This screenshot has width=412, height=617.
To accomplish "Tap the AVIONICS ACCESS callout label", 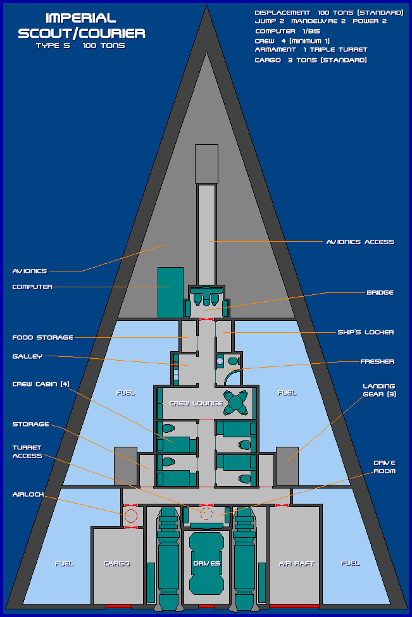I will click(360, 242).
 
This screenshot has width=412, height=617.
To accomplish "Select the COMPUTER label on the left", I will click(32, 287).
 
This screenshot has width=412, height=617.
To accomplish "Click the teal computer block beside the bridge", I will click(170, 292).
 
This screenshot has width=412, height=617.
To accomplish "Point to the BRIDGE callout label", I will click(380, 292).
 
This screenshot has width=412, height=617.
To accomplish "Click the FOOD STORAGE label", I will click(42, 337).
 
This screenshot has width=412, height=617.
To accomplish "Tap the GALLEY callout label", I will click(27, 356).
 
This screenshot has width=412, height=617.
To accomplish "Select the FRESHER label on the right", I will click(377, 361).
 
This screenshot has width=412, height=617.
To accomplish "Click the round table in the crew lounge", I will click(236, 402).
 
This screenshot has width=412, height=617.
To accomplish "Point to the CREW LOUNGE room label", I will click(196, 403).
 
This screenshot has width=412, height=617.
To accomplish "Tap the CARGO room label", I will click(116, 563).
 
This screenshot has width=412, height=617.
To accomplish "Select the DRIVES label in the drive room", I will click(207, 563).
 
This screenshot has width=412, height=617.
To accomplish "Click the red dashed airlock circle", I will click(131, 516).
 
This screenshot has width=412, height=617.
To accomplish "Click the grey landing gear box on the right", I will click(287, 466).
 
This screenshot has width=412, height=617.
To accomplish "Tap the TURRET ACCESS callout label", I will click(27, 451).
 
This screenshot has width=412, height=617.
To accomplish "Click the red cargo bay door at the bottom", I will click(118, 606).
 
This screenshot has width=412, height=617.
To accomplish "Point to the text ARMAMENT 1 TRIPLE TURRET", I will click(311, 49).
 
